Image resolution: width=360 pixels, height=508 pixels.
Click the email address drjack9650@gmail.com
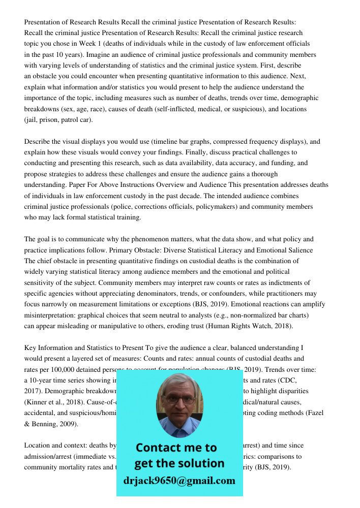pos(179,481)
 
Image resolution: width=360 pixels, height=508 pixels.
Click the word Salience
pos(299,250)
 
